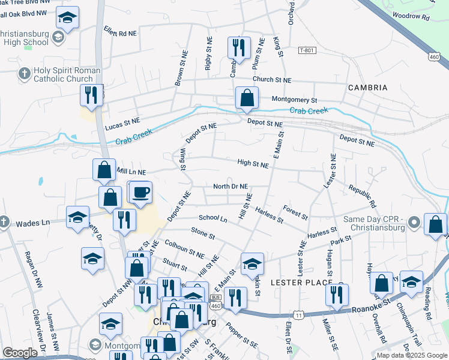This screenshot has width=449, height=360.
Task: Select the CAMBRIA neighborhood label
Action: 367,88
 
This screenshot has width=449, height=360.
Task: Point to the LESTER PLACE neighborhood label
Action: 301,282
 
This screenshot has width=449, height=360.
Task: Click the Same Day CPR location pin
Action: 414,224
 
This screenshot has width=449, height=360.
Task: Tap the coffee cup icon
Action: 141,193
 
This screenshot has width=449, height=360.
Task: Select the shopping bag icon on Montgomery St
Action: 247,97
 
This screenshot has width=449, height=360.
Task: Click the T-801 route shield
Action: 306,51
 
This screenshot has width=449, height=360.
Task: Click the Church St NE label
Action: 271,80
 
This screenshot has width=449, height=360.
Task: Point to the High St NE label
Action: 253,163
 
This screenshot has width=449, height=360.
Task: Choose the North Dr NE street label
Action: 231,187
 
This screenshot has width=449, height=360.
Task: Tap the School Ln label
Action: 213,218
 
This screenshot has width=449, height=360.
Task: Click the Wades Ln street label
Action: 32,223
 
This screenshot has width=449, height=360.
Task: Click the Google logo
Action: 20,353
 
